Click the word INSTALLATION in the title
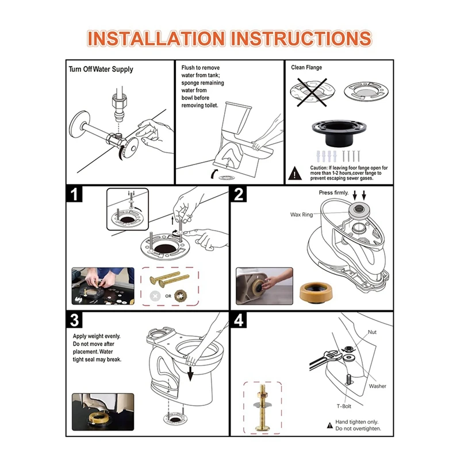(156, 39)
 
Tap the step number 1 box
(74, 194)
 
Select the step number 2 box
(239, 194)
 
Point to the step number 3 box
(74, 320)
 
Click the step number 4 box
(239, 320)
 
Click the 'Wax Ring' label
(301, 214)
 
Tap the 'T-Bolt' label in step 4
(344, 407)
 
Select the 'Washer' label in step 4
(378, 386)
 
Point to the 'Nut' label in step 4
(372, 332)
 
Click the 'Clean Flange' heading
(306, 67)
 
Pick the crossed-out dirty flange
(312, 92)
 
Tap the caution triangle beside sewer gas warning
(295, 174)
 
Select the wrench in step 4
(325, 360)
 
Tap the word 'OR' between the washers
(168, 296)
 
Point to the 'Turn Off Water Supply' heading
(101, 69)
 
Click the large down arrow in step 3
(190, 373)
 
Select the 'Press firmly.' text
(333, 193)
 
